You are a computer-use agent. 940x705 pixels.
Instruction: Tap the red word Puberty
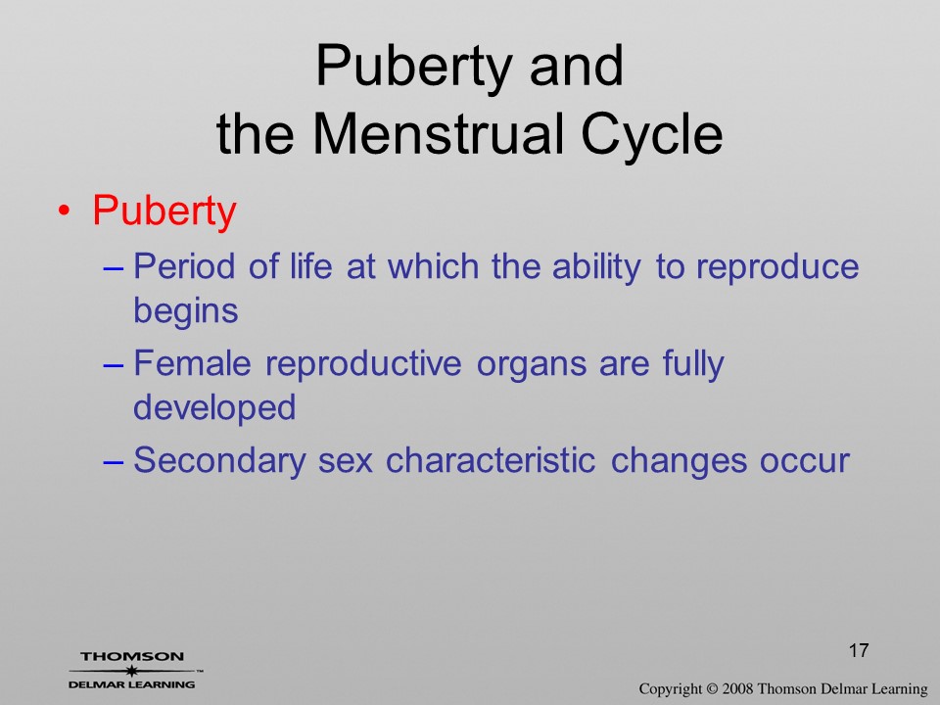point(164,211)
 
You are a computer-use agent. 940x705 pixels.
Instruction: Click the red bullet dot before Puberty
point(65,211)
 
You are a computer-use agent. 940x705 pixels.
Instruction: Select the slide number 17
point(859,650)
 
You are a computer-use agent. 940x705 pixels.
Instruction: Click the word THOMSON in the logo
point(132,656)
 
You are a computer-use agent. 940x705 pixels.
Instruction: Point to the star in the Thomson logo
point(132,671)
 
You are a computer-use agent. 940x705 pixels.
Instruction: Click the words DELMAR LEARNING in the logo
point(132,684)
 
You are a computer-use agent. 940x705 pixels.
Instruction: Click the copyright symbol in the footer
point(712,688)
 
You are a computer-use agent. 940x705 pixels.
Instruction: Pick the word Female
point(192,363)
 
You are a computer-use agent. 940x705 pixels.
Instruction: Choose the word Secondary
point(219,461)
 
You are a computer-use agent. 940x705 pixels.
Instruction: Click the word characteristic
point(491,460)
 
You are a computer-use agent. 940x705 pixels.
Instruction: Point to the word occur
point(805,463)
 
